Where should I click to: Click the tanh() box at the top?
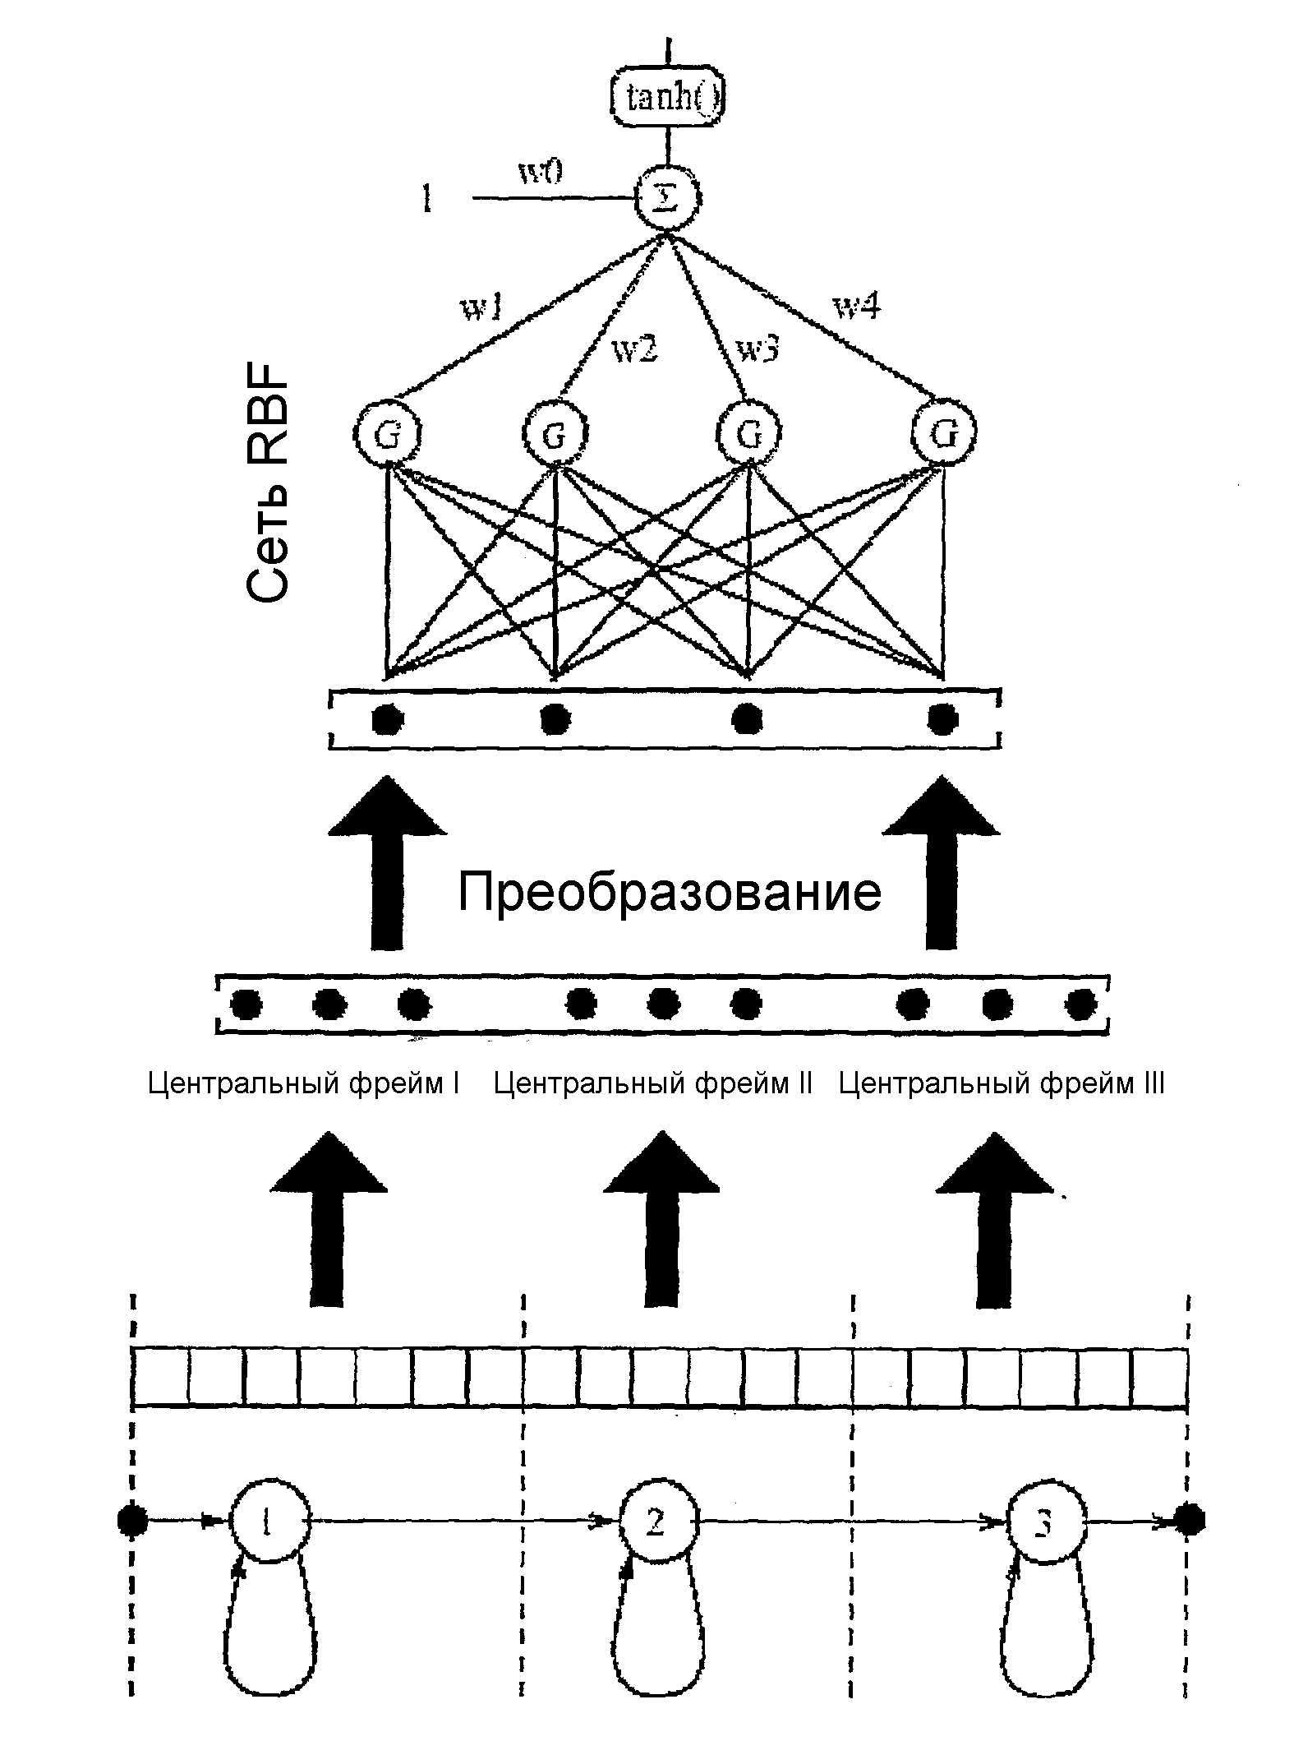pyautogui.click(x=669, y=99)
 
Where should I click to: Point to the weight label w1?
pyautogui.click(x=482, y=307)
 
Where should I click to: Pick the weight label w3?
pyautogui.click(x=758, y=349)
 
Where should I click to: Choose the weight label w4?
pyautogui.click(x=858, y=307)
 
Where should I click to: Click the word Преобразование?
pyautogui.click(x=670, y=893)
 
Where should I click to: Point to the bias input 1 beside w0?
pyautogui.click(x=426, y=198)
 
